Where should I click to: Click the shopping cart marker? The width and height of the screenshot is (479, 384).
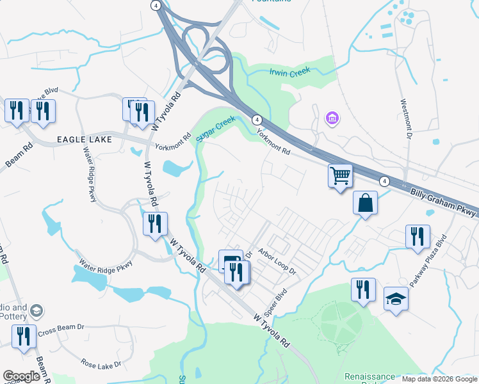tap(340, 175)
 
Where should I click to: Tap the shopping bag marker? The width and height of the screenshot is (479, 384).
tap(364, 203)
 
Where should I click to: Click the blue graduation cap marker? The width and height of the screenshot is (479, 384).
tap(396, 299)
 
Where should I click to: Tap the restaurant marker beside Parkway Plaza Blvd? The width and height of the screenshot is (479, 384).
tap(418, 236)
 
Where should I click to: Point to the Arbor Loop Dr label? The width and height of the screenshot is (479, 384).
tap(277, 261)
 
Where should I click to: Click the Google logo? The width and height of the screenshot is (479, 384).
tap(21, 376)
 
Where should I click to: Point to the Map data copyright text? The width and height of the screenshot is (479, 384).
tap(439, 379)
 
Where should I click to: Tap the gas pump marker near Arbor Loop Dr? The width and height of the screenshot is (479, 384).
tap(230, 260)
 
